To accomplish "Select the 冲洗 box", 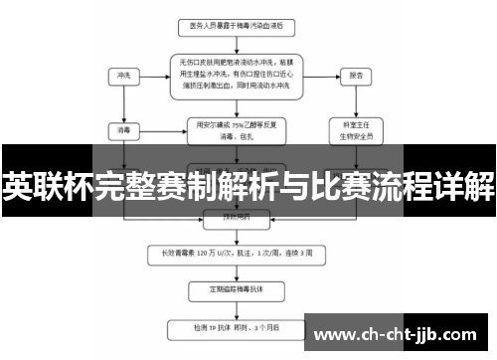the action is pos(124,74).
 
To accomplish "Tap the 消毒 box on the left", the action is pos(124,127).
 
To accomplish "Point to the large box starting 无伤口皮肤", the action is pos(236,73).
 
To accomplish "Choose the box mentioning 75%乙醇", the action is pos(236,128).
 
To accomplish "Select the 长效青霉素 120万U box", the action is pos(236,254).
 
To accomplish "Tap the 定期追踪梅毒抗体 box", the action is pos(236,291).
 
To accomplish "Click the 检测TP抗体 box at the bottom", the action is pos(236,325).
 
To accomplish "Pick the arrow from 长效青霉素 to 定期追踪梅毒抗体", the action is pos(236,272).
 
